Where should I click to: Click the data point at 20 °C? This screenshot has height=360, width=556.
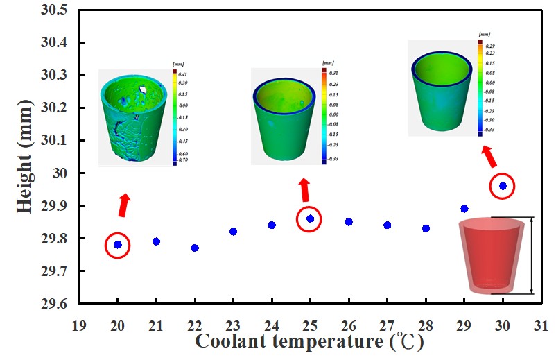[118, 244]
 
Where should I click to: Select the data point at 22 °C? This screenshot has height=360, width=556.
[195, 248]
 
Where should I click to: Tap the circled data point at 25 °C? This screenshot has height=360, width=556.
[310, 218]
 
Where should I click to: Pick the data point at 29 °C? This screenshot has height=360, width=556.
[464, 208]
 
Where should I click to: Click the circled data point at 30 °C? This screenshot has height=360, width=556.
[503, 186]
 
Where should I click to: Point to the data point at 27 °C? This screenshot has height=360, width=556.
[388, 225]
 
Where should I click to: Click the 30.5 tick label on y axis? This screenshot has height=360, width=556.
[54, 10]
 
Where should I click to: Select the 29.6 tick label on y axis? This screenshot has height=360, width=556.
[54, 304]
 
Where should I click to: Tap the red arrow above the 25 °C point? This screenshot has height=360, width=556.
[304, 189]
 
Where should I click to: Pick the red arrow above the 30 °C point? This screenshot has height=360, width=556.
[488, 156]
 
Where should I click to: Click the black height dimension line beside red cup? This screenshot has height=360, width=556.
[532, 255]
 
